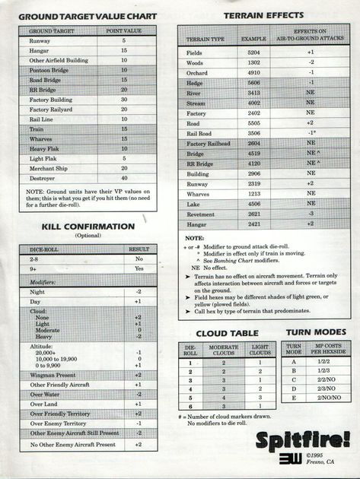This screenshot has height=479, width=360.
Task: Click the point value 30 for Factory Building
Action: pos(123,100)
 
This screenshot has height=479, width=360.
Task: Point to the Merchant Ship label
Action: pos(49,168)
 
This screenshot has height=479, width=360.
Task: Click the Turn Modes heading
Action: pos(315,332)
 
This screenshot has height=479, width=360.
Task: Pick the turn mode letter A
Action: pos(293,361)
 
